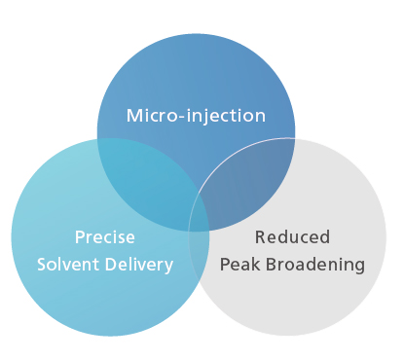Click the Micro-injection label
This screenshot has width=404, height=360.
pyautogui.click(x=196, y=116)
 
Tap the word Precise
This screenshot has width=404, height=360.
pyautogui.click(x=105, y=237)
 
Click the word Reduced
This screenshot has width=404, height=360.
pyautogui.click(x=292, y=237)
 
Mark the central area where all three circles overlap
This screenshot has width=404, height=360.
pyautogui.click(x=200, y=209)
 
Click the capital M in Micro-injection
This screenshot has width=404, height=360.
pyautogui.click(x=133, y=116)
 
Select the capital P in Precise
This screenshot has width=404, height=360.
pyautogui.click(x=79, y=237)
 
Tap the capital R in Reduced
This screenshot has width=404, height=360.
pyautogui.click(x=259, y=237)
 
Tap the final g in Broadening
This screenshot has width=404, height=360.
pyautogui.click(x=359, y=266)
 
